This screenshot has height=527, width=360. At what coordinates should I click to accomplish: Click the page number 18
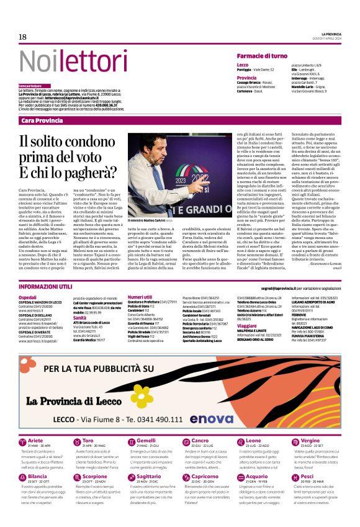(22, 37)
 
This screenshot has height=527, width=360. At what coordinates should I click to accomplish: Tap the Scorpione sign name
(95, 476)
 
